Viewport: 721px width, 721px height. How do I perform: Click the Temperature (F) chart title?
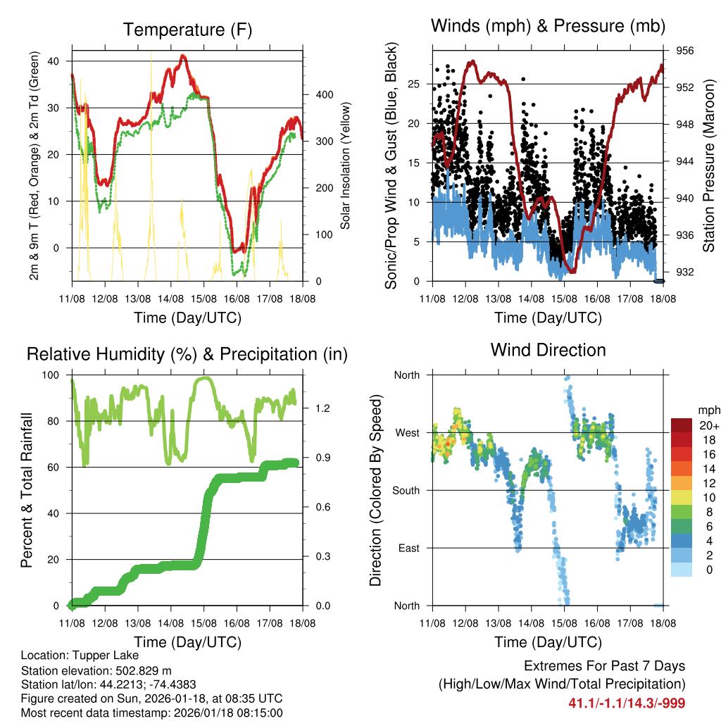pos(187,30)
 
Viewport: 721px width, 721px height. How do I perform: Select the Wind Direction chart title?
pos(548,350)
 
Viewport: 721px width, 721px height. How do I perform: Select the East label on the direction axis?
pos(408,548)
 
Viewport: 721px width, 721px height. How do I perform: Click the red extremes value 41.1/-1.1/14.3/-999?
pos(627,703)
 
